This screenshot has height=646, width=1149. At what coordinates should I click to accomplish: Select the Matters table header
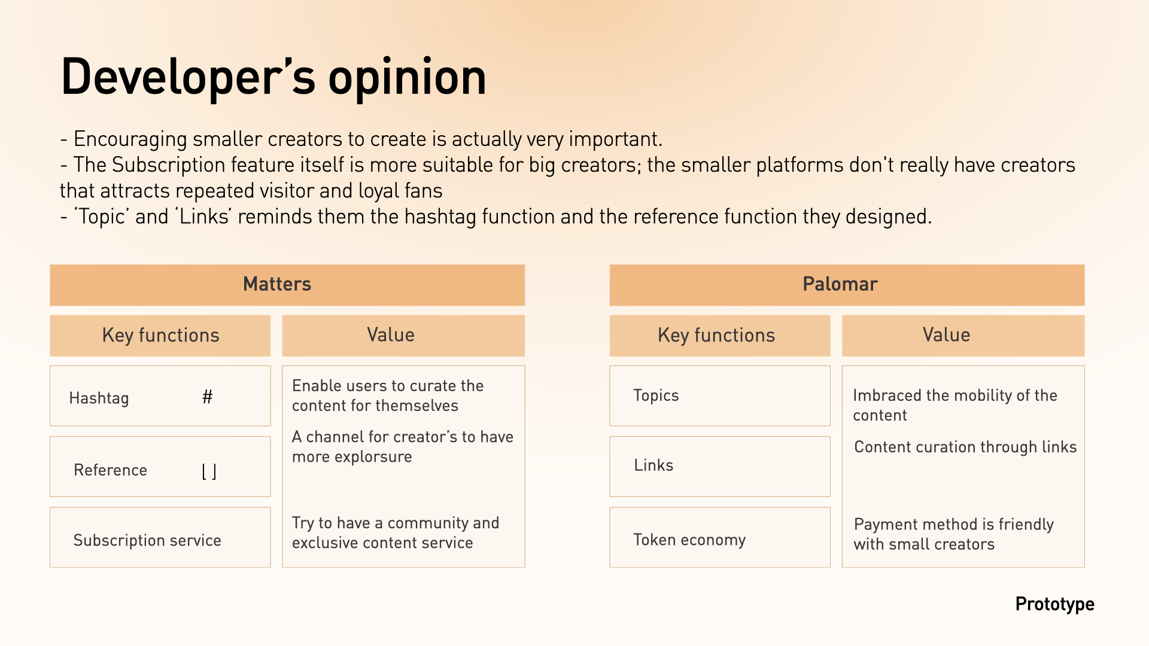point(287,285)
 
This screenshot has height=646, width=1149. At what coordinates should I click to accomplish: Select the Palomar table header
point(847,285)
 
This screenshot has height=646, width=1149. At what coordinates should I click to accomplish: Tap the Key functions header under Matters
point(160,336)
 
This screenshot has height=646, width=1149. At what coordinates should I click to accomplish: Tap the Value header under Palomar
point(963,336)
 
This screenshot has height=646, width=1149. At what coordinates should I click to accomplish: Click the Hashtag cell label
point(99,398)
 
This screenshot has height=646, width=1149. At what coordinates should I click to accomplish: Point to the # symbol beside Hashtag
point(207,397)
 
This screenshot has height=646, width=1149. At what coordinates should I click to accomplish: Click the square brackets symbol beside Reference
point(209,471)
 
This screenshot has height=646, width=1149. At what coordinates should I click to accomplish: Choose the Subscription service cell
point(160,537)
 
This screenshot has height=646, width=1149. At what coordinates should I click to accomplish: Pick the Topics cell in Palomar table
point(720,395)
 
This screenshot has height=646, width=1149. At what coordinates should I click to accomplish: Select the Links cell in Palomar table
point(720,466)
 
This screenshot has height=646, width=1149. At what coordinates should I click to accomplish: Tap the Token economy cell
point(720,537)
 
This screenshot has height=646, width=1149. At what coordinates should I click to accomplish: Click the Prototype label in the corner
point(1054,605)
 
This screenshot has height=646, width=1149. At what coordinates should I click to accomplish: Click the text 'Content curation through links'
point(965,447)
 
